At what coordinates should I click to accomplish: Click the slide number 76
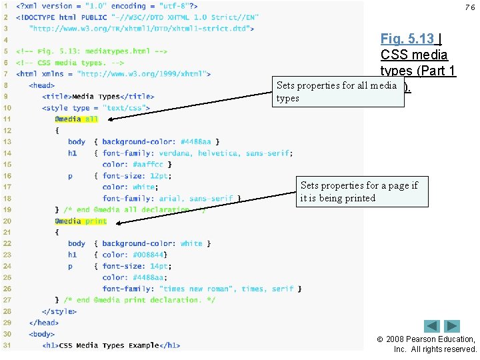click(470, 7)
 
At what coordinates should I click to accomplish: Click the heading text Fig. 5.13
click(407, 39)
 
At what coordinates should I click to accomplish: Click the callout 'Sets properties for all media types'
click(339, 92)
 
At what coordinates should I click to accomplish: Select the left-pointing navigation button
click(432, 326)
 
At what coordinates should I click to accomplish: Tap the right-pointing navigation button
click(453, 326)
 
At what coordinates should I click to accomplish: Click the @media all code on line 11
click(76, 119)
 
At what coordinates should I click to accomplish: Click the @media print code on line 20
click(80, 221)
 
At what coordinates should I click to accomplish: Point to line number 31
click(7, 345)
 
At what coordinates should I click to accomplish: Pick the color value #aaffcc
click(147, 165)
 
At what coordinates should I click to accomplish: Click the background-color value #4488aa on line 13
click(198, 142)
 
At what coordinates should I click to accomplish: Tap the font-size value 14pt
click(160, 267)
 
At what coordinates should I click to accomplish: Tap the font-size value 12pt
click(160, 176)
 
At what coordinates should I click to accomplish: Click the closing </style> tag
click(58, 311)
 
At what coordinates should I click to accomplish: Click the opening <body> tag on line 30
click(43, 334)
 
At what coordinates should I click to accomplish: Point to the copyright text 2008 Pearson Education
click(434, 339)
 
